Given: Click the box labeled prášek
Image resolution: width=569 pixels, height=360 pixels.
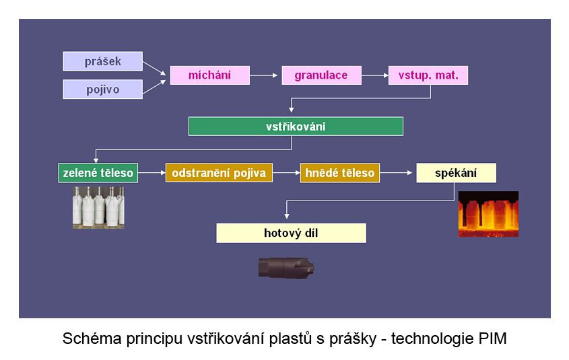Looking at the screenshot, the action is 103,61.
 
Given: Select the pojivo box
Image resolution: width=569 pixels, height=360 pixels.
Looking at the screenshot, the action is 103,89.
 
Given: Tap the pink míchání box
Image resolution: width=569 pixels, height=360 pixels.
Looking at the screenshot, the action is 209,75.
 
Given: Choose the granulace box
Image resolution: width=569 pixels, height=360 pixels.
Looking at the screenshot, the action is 321,75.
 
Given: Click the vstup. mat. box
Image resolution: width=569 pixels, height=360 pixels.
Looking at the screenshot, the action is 428,75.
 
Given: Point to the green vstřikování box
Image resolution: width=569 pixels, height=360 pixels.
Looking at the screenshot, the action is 296,127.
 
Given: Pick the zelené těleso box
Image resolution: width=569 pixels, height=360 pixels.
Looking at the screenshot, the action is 98,173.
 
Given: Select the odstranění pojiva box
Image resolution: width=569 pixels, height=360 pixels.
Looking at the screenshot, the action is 219,173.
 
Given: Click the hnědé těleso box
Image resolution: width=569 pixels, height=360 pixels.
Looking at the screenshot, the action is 340,173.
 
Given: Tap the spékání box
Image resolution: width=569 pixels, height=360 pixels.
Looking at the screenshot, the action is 456,173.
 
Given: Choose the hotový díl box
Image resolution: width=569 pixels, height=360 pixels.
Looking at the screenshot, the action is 291,233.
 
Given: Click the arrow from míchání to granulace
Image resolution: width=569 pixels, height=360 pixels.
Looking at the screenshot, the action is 264,75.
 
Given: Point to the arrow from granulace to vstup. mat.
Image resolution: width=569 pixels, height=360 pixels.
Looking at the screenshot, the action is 375,75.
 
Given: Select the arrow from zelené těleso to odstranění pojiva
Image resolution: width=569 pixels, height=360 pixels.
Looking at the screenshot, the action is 152,173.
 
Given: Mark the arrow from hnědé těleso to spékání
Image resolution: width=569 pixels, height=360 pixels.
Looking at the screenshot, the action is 396,173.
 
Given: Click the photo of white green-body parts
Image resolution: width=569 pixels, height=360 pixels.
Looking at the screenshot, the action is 98,208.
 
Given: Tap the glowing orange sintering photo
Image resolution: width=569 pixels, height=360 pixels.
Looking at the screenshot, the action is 488,214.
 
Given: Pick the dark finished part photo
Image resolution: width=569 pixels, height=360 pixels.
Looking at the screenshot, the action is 286,268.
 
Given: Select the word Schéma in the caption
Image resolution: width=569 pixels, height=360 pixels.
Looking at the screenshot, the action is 92,338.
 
